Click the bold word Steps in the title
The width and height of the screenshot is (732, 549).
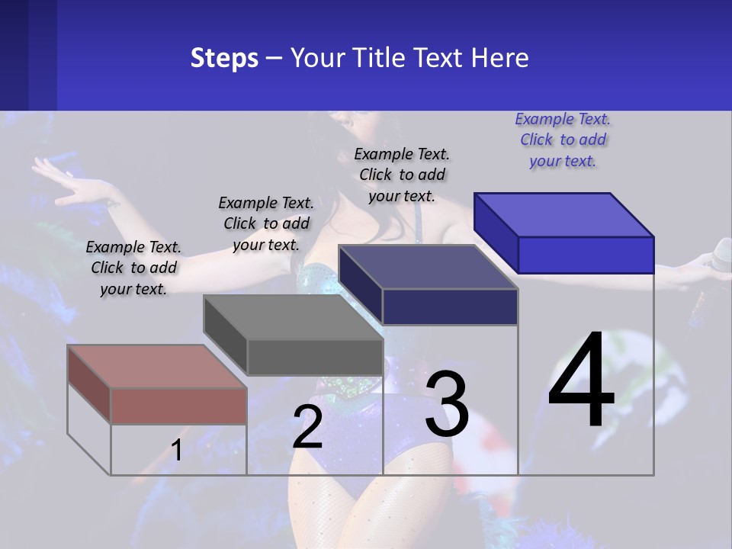click(224, 58)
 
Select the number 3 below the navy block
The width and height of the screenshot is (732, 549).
click(447, 403)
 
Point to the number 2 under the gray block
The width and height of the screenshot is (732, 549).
click(308, 427)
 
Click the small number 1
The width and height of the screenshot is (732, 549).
click(176, 450)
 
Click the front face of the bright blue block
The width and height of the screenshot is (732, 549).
click(586, 255)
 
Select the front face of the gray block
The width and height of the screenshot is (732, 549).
click(315, 357)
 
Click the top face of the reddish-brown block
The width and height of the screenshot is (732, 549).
click(156, 366)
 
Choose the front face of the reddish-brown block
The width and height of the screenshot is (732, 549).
click(178, 406)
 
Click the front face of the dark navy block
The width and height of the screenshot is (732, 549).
click(450, 307)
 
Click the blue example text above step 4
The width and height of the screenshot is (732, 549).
click(563, 140)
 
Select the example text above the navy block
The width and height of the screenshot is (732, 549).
click(402, 175)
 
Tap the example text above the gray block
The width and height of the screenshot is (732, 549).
click(266, 223)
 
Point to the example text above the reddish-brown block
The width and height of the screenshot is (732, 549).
click(133, 268)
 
